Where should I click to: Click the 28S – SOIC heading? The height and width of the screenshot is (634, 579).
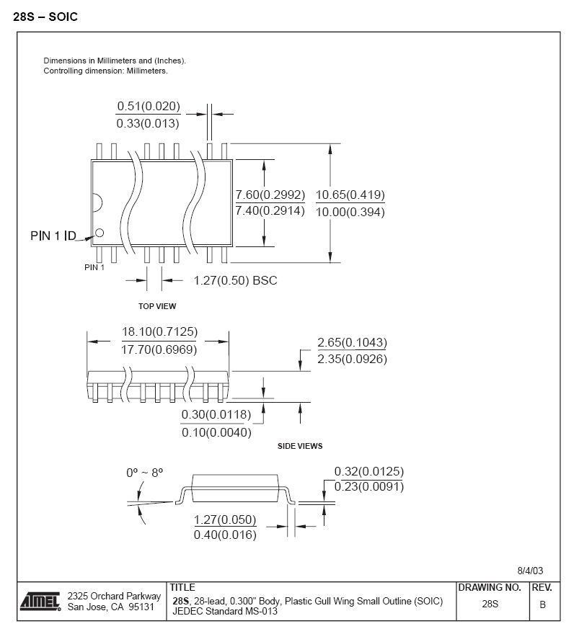(x=45, y=17)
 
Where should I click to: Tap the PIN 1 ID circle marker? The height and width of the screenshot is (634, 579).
(x=100, y=232)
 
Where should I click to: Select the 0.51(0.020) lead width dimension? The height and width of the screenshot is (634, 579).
(x=149, y=107)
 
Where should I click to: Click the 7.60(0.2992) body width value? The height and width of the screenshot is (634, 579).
(x=270, y=195)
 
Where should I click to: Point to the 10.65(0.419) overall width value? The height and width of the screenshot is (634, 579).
(x=350, y=195)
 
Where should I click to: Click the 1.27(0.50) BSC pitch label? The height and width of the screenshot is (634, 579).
(x=235, y=280)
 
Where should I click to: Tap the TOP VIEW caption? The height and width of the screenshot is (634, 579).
(x=157, y=306)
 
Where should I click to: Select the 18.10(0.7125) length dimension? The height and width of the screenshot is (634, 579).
(x=159, y=332)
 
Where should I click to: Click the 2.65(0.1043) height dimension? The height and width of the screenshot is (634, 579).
(x=352, y=342)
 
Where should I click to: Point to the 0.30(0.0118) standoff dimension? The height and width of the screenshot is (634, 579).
(x=216, y=414)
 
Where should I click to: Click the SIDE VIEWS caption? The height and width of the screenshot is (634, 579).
(x=300, y=446)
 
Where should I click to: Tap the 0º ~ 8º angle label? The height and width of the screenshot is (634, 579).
(x=144, y=473)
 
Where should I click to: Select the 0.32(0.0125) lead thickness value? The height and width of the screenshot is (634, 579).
(x=368, y=472)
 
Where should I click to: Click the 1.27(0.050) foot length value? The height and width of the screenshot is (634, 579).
(x=225, y=519)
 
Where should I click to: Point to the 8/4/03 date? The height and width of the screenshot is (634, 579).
(x=530, y=570)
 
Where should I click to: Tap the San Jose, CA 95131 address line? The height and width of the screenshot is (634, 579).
(x=110, y=607)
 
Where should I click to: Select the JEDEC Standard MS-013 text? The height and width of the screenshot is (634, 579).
(x=226, y=612)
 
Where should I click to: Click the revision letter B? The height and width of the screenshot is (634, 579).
(x=542, y=604)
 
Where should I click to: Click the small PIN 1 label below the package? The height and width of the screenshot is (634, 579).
(x=94, y=267)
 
